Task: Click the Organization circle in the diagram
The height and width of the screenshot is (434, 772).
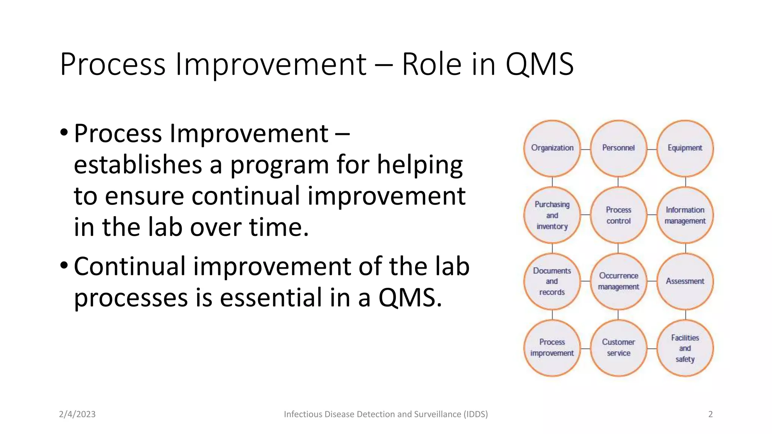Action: click(x=552, y=148)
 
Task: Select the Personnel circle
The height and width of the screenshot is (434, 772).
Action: click(x=618, y=148)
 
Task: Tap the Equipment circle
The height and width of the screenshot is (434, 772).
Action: click(x=685, y=148)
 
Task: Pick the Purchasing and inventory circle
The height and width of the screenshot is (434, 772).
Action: click(x=552, y=215)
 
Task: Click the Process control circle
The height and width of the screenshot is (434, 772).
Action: click(x=618, y=215)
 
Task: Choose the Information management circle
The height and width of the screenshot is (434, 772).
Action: click(x=685, y=215)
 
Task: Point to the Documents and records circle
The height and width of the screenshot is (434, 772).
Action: click(x=552, y=281)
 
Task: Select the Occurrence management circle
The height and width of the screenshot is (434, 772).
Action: click(x=618, y=281)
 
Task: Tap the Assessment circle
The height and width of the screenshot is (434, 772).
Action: click(x=685, y=281)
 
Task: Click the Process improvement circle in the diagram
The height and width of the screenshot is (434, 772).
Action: click(x=552, y=348)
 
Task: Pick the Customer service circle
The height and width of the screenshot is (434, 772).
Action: click(x=618, y=348)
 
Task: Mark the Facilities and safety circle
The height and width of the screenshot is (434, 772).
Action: click(x=685, y=348)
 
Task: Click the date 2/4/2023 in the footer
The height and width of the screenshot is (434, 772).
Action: click(x=77, y=414)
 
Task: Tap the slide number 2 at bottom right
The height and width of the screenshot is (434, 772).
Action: click(x=711, y=414)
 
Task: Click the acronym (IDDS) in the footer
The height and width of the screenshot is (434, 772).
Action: click(x=476, y=414)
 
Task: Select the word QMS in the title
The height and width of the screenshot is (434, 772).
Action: click(x=539, y=64)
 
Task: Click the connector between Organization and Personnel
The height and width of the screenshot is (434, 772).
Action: click(x=585, y=149)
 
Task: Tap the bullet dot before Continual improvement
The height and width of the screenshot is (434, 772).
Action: click(x=64, y=266)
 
